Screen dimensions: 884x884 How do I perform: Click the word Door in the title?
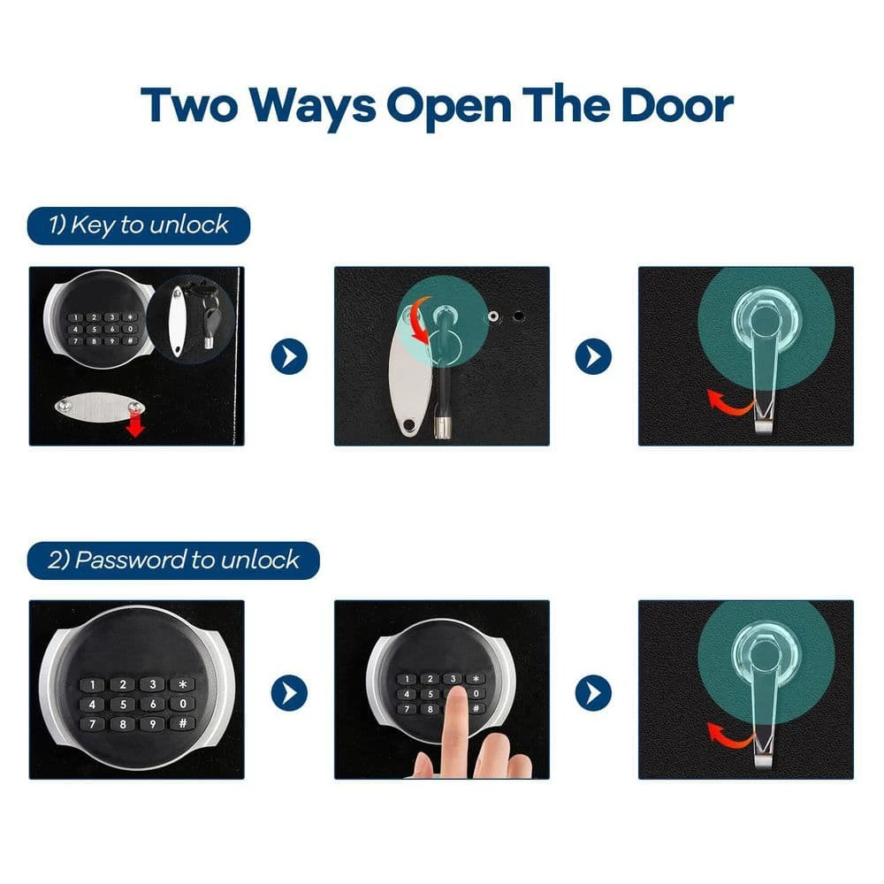(x=676, y=105)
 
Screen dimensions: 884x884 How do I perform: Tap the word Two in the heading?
(x=189, y=105)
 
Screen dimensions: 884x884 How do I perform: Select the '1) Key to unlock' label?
(x=139, y=225)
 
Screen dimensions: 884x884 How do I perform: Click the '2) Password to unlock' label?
(x=173, y=560)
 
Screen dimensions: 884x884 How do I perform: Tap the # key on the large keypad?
(x=183, y=723)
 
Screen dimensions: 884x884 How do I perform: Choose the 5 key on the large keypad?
(x=123, y=705)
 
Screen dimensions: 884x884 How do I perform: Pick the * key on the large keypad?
(x=183, y=684)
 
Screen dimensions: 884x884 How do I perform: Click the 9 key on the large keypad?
(x=153, y=724)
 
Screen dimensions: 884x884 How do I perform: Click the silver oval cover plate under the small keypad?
(x=100, y=406)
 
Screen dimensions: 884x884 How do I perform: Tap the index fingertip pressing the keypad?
(x=455, y=698)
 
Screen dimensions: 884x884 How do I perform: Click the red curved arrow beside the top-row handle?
(x=730, y=400)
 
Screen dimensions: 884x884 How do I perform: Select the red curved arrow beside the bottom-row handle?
(x=730, y=735)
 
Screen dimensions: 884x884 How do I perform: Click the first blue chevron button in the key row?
(x=289, y=356)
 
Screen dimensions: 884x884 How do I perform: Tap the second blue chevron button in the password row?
(x=593, y=692)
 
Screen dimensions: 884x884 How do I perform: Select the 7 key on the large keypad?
(x=93, y=724)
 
